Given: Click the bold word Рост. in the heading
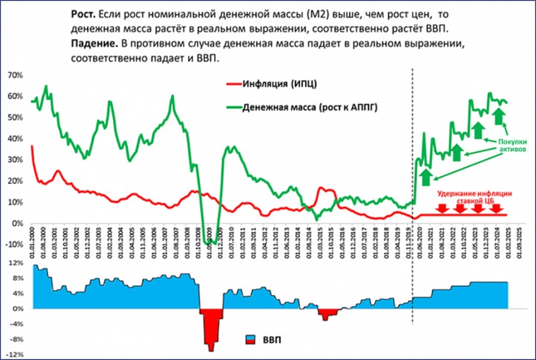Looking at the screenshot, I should pos(84,14).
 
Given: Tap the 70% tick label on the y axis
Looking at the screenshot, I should pos(16,75).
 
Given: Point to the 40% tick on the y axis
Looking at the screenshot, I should pos(16,139).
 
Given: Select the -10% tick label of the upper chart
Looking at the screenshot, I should pos(14,245).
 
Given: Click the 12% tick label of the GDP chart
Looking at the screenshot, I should pos(16,263).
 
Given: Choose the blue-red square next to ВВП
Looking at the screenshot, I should pos(250,340).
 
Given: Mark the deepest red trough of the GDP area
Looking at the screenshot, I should pos(211,347).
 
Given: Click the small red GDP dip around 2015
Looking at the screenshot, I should pos(325,318).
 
